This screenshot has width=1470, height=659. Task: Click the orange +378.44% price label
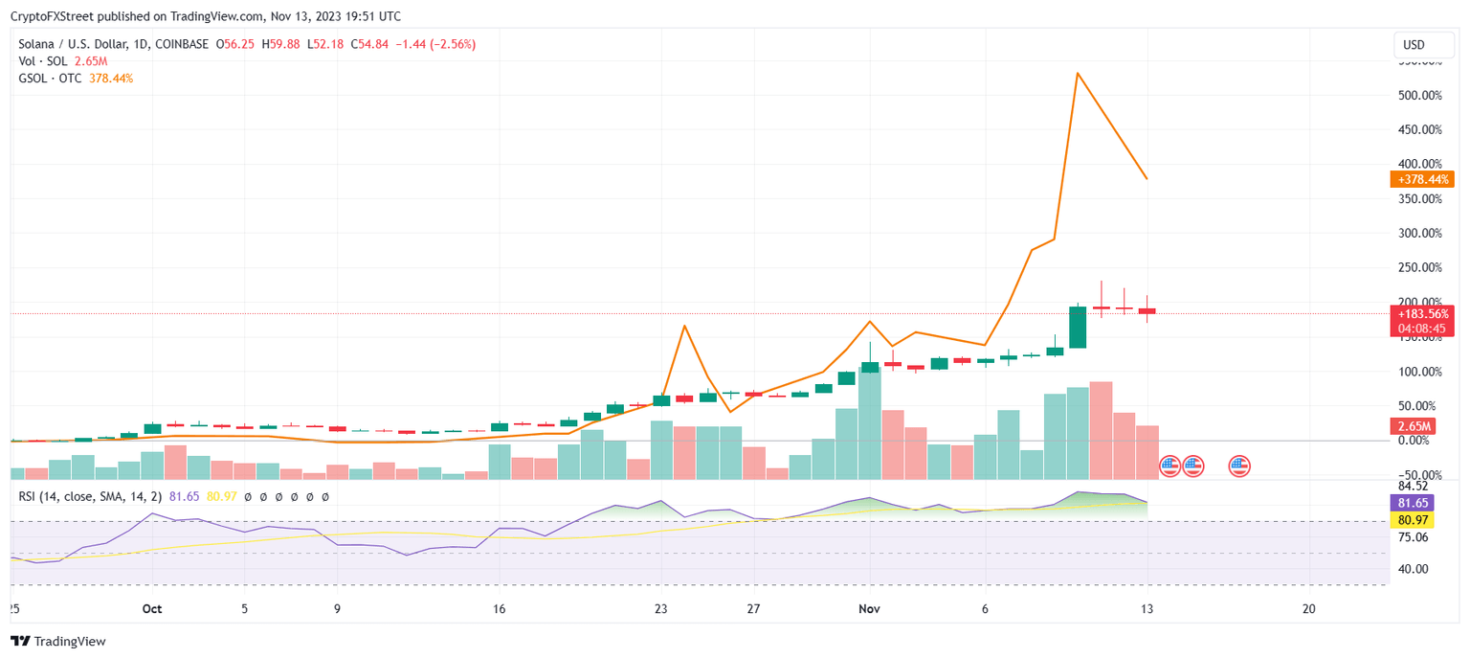click(1421, 179)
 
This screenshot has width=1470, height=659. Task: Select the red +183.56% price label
click(1421, 313)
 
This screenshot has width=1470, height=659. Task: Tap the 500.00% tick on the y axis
click(1421, 95)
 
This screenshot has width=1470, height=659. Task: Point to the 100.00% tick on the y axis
click(1421, 372)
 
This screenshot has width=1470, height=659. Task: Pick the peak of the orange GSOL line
click(1078, 73)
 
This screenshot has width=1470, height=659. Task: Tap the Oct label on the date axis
click(151, 608)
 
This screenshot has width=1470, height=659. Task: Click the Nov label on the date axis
click(869, 608)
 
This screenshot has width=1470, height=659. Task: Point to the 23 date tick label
click(660, 608)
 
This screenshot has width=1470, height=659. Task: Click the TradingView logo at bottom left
click(58, 641)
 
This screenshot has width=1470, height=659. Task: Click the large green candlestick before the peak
click(1078, 327)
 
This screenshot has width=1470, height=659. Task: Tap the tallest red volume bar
click(1101, 430)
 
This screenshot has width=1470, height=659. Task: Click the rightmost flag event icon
click(1239, 466)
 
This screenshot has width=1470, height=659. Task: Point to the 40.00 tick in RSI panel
click(1413, 569)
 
